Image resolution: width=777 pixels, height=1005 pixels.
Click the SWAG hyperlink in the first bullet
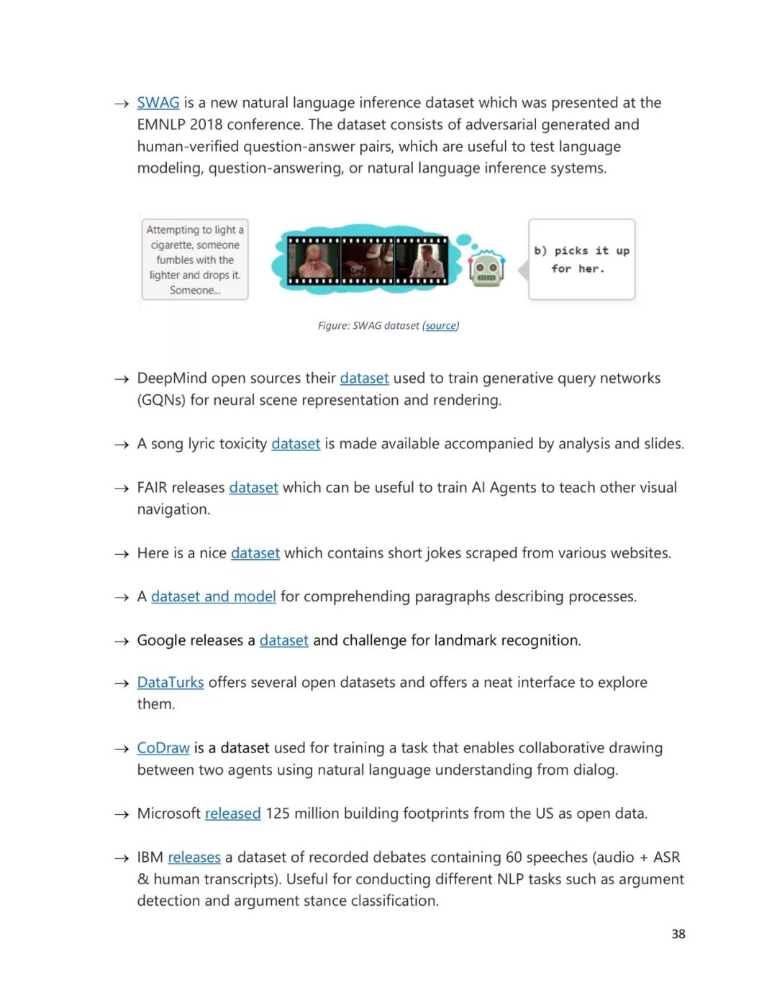[x=158, y=103]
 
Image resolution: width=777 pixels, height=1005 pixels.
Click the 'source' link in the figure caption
[x=440, y=326]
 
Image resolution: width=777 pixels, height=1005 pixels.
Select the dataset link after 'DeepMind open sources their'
[x=364, y=378]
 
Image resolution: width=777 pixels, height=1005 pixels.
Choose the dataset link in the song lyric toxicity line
[x=296, y=444]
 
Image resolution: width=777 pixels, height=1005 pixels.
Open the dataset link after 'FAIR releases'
[x=253, y=488]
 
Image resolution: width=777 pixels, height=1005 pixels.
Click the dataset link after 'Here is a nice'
[x=255, y=553]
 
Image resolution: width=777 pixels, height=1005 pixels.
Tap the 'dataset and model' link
[x=213, y=596]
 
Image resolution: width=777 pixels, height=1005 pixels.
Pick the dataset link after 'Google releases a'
[x=283, y=640]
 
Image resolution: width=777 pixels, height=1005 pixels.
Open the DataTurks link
[x=171, y=682]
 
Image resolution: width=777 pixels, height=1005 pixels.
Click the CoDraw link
[x=163, y=748]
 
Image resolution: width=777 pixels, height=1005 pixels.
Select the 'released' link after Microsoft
[x=232, y=814]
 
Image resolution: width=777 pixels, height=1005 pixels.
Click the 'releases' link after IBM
[x=194, y=858]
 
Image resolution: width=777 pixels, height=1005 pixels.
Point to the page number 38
[x=678, y=934]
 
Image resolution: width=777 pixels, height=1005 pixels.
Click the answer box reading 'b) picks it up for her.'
[x=581, y=260]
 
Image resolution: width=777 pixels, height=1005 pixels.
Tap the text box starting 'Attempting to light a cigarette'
[x=195, y=260]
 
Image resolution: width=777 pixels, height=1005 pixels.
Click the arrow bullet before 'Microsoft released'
[x=121, y=814]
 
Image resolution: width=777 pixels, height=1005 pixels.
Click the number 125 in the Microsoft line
[x=278, y=814]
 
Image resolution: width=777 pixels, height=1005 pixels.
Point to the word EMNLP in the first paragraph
[x=161, y=124]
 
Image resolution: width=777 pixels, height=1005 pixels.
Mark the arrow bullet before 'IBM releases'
[x=121, y=858]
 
